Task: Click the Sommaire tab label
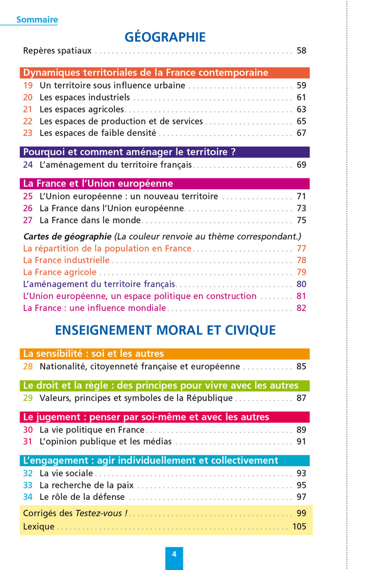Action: click(37, 20)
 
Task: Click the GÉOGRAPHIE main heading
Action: click(165, 37)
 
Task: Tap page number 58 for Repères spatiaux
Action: click(301, 51)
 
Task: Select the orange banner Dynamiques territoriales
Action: click(164, 73)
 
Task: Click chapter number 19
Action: click(28, 85)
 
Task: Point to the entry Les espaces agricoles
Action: click(81, 109)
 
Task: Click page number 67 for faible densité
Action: click(301, 133)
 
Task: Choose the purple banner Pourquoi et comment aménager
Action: click(164, 152)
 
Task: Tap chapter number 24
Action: click(28, 165)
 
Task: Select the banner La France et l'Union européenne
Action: click(164, 184)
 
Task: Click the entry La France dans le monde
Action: click(90, 220)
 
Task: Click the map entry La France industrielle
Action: click(66, 260)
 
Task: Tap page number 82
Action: click(301, 308)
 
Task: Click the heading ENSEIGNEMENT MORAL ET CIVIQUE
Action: click(165, 330)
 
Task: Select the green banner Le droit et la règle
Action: click(164, 386)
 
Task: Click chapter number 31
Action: click(28, 441)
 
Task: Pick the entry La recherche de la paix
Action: click(86, 485)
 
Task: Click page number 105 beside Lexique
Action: click(299, 527)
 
